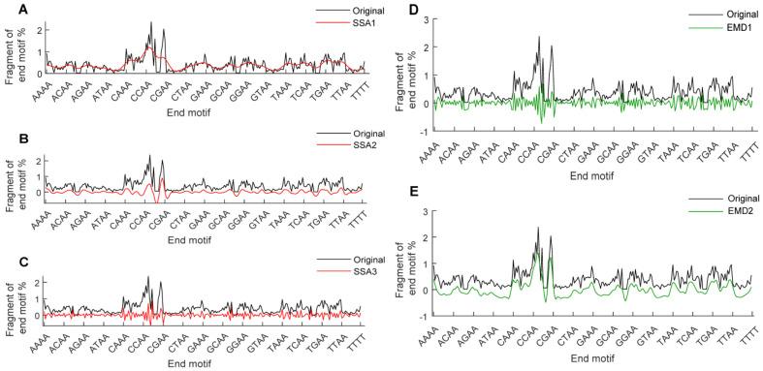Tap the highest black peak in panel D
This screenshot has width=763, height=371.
[538, 37]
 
